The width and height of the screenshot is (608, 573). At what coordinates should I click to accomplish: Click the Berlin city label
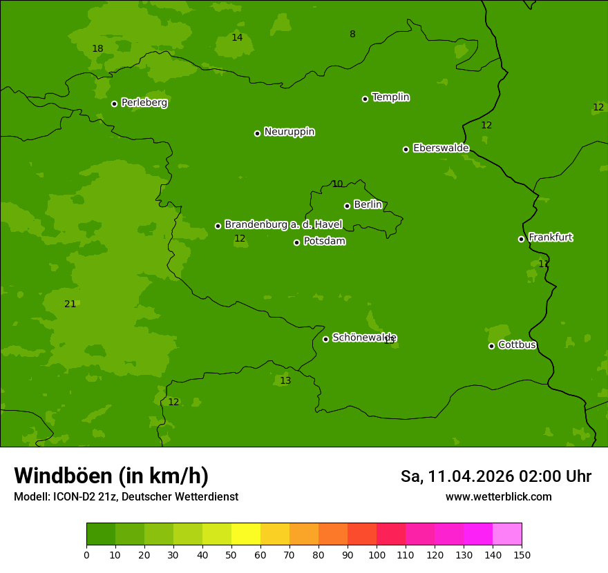(368, 205)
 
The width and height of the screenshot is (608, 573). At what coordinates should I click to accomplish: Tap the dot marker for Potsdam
(297, 242)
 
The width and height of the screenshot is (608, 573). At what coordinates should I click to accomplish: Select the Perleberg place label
(144, 103)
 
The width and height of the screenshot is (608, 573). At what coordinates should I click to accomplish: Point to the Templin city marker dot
(365, 99)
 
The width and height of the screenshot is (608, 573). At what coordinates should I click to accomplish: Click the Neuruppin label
(289, 132)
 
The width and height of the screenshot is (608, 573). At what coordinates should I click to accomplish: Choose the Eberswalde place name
(441, 148)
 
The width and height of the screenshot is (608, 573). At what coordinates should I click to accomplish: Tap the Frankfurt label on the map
(550, 237)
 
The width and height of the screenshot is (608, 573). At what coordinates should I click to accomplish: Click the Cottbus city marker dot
(491, 346)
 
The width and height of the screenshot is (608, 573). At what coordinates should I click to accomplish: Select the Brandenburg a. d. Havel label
(283, 225)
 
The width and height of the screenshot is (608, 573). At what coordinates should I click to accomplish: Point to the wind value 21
(70, 304)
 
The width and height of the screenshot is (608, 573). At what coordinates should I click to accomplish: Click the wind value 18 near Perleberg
(97, 48)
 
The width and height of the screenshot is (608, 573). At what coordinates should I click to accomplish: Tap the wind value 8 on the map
(352, 34)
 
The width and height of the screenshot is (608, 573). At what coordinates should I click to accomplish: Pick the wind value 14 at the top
(237, 37)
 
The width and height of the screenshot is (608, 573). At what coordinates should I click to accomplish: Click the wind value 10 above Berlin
(337, 184)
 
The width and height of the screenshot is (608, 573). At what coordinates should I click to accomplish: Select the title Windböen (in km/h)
(111, 476)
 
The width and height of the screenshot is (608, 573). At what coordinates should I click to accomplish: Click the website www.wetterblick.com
(498, 497)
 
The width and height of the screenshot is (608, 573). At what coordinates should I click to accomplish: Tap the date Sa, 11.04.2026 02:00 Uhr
(495, 476)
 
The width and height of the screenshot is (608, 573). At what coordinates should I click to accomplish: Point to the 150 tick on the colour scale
(522, 554)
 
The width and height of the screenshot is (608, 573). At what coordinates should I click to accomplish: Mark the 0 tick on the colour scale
(86, 554)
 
